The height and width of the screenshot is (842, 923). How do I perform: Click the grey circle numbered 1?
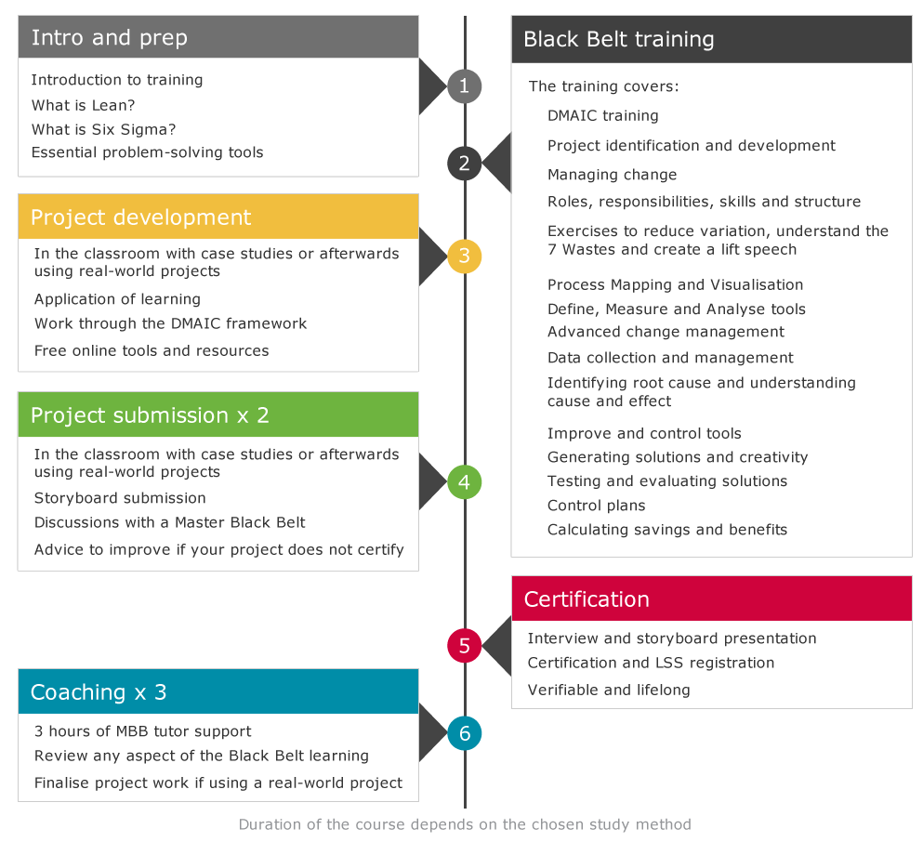click(x=465, y=86)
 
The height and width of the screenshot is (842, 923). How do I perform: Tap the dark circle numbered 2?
click(x=465, y=163)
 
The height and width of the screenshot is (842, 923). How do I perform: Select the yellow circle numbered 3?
click(x=465, y=256)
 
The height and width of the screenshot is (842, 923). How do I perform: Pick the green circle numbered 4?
click(x=465, y=482)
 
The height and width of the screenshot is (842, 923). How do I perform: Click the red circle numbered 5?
click(x=465, y=646)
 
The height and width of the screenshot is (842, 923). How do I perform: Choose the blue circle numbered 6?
click(x=465, y=733)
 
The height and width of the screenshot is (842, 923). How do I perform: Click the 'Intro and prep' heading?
click(x=110, y=38)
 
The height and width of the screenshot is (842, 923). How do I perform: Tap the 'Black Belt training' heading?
click(x=619, y=39)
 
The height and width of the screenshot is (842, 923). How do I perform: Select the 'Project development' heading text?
click(x=140, y=217)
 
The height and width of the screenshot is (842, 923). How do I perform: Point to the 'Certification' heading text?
click(x=587, y=599)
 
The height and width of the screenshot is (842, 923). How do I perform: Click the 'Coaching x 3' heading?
click(x=99, y=692)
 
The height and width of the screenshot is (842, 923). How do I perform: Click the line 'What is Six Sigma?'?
click(x=103, y=129)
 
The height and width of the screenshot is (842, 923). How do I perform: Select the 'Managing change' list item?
click(x=613, y=175)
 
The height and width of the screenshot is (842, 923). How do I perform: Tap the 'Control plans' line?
click(x=597, y=506)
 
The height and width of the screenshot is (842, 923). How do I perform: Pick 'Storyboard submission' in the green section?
click(x=120, y=498)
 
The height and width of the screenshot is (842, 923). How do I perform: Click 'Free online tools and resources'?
click(x=152, y=350)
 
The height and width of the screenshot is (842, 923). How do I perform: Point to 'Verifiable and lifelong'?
click(x=609, y=690)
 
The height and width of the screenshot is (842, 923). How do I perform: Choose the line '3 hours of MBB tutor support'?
click(x=142, y=731)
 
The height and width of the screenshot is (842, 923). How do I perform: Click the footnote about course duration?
click(x=465, y=824)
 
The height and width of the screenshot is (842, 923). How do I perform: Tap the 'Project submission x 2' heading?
click(x=150, y=415)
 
